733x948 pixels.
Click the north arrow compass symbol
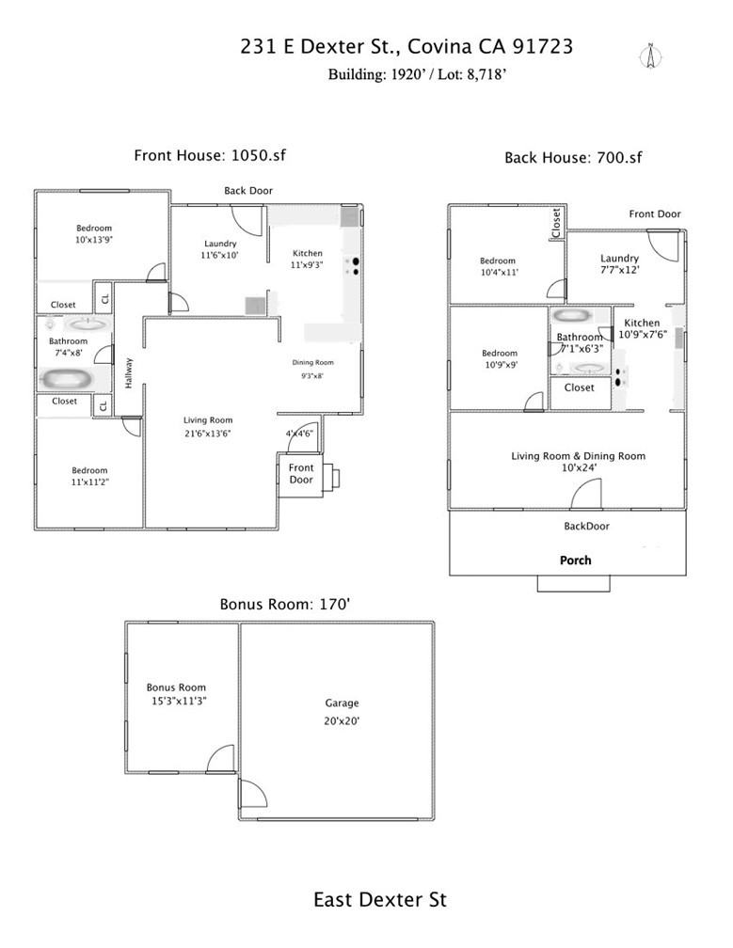(648, 55)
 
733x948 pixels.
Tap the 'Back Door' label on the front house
(248, 191)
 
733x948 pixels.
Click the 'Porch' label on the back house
(576, 561)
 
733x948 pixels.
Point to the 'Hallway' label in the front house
(130, 373)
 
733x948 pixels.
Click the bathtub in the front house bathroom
(69, 378)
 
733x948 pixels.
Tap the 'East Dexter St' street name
(379, 900)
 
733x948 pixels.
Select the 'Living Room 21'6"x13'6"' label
(208, 427)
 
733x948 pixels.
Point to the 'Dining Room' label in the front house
(311, 362)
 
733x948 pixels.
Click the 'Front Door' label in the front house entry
(301, 473)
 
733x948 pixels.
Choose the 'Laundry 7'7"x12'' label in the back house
(619, 264)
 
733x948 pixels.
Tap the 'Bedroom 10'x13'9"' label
(94, 234)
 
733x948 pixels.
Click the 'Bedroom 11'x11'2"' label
(90, 476)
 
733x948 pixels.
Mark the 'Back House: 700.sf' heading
(573, 158)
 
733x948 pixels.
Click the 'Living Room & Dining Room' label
(579, 456)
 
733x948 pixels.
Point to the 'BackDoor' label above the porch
(586, 527)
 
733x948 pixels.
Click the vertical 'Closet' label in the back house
(556, 222)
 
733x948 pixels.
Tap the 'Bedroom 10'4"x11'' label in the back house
(498, 266)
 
